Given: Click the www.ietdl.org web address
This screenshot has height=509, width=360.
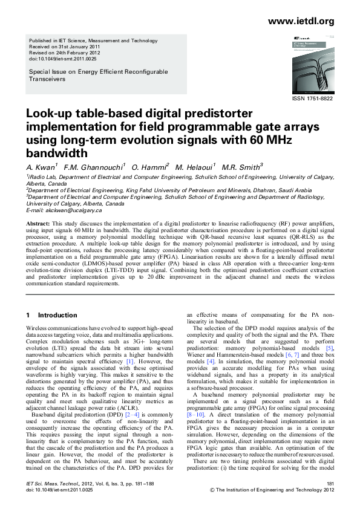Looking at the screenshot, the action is [x=301, y=22].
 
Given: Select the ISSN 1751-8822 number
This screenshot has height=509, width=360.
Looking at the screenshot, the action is [x=313, y=98].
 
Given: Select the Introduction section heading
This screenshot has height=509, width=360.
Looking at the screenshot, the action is [x=57, y=315].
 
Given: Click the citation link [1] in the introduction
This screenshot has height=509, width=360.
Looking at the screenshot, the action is [x=121, y=361].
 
